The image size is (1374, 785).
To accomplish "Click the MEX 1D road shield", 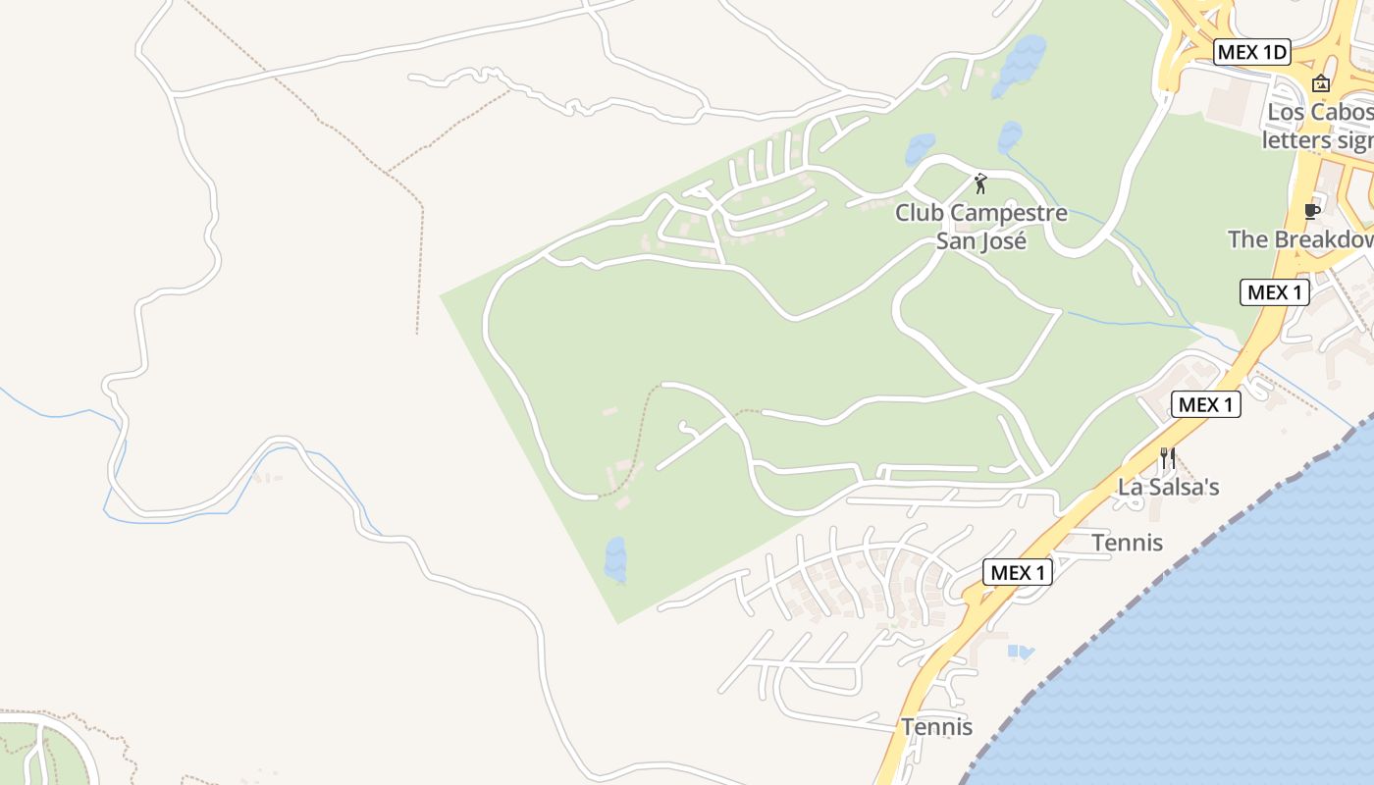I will tap(1251, 52).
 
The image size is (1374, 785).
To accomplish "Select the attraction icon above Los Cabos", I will tap(1321, 83).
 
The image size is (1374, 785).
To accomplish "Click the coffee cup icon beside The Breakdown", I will tap(1311, 211).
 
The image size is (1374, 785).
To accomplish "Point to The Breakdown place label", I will tap(1300, 239).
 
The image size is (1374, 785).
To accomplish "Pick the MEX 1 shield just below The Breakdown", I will tap(1275, 291).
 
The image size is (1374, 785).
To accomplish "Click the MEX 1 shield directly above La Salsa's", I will tap(1205, 404).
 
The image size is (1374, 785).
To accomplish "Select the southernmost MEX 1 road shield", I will tap(1018, 572).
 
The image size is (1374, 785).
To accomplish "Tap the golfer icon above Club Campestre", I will tap(979, 183).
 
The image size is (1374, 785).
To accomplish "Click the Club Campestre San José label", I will tap(980, 226).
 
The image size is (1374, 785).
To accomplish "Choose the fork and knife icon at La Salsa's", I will tap(1168, 458).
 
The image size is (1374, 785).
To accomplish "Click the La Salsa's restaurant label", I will tap(1169, 487).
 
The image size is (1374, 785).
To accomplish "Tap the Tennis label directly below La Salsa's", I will tap(1127, 543).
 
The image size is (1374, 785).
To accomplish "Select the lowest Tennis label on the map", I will tap(937, 727).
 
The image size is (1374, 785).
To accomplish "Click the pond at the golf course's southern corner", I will tap(615, 558).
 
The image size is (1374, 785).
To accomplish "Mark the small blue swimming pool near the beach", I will tap(1020, 652).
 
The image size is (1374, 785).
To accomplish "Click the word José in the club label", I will tap(981, 240).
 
